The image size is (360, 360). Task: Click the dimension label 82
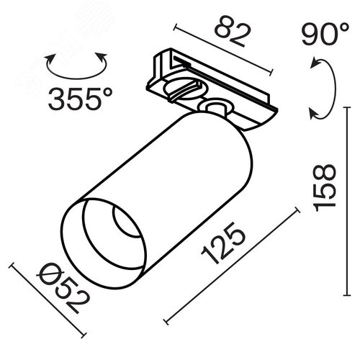coord(233,31)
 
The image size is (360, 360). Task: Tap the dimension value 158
coord(325,188)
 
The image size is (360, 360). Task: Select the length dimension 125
coord(224,243)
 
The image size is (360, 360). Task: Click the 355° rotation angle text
coord(80,99)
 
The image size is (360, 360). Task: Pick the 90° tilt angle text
coord(325,34)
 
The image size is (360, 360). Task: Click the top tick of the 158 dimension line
coord(346,107)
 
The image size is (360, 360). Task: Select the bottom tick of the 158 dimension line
coord(347,295)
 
